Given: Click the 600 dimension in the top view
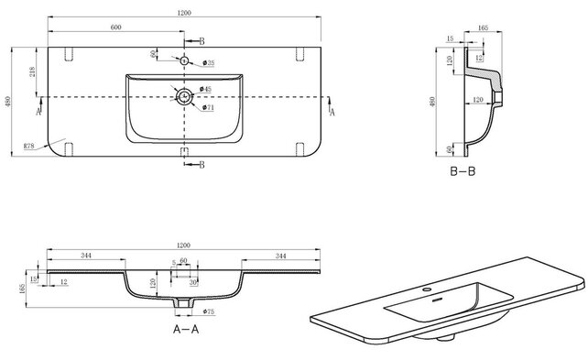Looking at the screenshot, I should point(116,27).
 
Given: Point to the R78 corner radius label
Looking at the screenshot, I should point(29,145).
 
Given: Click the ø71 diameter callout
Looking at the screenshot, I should point(208,108).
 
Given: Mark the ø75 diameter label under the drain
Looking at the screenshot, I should point(208,312).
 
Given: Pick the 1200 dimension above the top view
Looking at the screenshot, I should point(184,12).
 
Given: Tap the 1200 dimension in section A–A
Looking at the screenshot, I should point(184,246).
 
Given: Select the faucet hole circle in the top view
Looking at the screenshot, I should point(184,60).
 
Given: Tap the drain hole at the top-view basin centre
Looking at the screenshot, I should point(184,95).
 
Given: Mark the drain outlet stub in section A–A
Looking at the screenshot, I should point(183,302).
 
